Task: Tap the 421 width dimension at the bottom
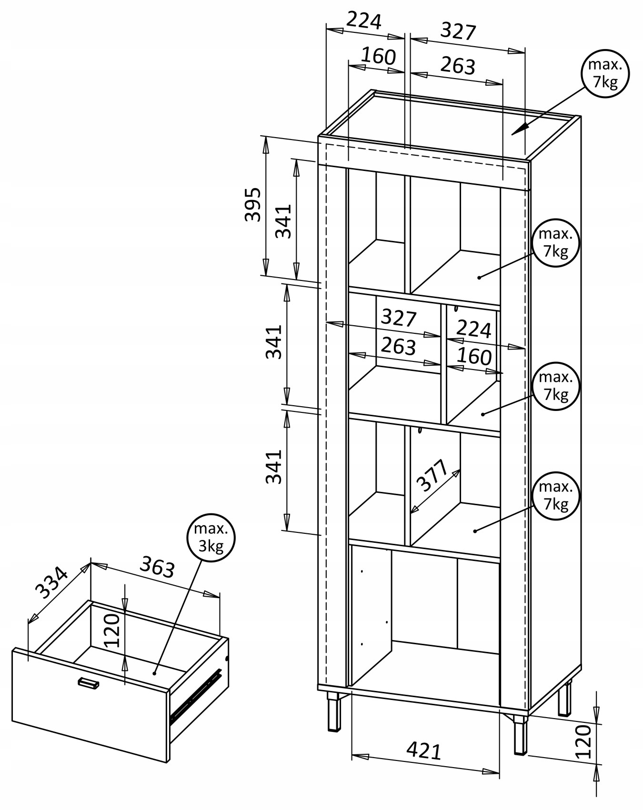(x=424, y=751)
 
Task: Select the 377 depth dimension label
(x=432, y=475)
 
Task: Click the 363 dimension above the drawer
(x=157, y=567)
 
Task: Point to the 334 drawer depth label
(x=52, y=582)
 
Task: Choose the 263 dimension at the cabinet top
(x=457, y=66)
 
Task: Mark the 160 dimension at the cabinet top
(x=378, y=56)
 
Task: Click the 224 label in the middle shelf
(x=473, y=329)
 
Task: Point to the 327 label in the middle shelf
(x=399, y=317)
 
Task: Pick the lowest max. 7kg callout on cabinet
(x=556, y=496)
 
